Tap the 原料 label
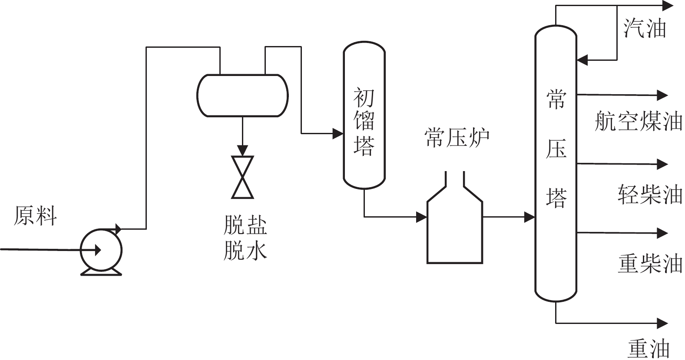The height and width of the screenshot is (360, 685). [x=35, y=216]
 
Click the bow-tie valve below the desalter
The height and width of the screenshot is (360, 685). [x=242, y=177]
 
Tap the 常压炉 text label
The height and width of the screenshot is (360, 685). [x=457, y=139]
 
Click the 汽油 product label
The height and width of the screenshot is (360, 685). [x=645, y=28]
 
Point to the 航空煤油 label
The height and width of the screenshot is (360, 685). [x=638, y=121]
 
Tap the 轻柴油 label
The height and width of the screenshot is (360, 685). [x=649, y=195]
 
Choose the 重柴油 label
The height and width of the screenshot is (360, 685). [x=649, y=264]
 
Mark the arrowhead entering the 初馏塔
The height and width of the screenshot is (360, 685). [x=338, y=134]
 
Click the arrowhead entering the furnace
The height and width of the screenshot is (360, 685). [x=422, y=217]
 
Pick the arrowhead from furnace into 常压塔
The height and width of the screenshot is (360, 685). [x=529, y=217]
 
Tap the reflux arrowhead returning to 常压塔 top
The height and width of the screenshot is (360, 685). [x=582, y=60]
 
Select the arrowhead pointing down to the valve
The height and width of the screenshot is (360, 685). [x=242, y=151]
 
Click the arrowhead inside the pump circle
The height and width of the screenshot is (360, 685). [x=98, y=250]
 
